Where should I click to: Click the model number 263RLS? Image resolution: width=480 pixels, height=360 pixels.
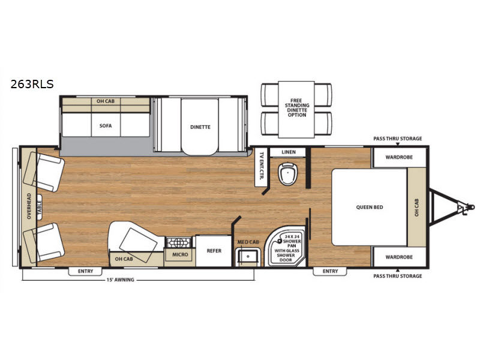pyautogui.click(x=32, y=84)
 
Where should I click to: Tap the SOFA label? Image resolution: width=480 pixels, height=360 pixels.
pyautogui.click(x=106, y=126)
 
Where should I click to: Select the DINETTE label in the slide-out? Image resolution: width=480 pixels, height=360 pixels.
pyautogui.click(x=200, y=127)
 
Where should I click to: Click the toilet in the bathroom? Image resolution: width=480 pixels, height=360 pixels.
pyautogui.click(x=288, y=173)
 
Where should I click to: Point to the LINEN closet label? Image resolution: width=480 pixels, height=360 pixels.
pyautogui.click(x=289, y=152)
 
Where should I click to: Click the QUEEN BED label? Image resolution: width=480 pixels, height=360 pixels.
pyautogui.click(x=370, y=207)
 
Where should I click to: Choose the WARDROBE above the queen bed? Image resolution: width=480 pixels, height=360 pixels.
pyautogui.click(x=399, y=157)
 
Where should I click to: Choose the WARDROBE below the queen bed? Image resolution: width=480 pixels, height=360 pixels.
pyautogui.click(x=399, y=257)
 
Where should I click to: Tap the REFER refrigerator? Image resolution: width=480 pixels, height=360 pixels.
pyautogui.click(x=214, y=251)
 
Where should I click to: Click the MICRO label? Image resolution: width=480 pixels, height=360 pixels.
pyautogui.click(x=180, y=254)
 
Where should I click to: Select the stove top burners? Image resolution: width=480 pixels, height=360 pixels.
pyautogui.click(x=179, y=242)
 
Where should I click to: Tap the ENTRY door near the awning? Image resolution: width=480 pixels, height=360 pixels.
pyautogui.click(x=85, y=271)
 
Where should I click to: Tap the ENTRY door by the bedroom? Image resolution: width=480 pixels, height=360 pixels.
pyautogui.click(x=330, y=271)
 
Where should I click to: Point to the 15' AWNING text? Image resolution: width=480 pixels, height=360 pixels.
pyautogui.click(x=121, y=280)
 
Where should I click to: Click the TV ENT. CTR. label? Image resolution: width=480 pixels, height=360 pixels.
pyautogui.click(x=261, y=166)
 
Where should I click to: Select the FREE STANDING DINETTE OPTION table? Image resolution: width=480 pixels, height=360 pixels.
pyautogui.click(x=296, y=109)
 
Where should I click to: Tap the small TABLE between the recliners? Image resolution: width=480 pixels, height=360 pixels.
pyautogui.click(x=40, y=207)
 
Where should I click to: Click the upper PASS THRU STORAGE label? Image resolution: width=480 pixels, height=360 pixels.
pyautogui.click(x=397, y=139)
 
